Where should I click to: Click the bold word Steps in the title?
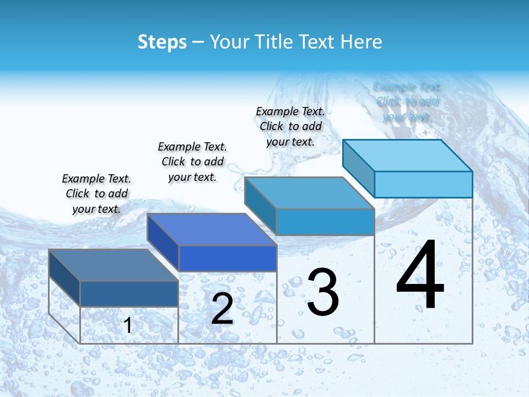pos(162,42)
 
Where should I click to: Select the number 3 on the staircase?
pos(323,292)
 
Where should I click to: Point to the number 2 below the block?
pos(222,309)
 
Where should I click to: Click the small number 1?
pos(128,325)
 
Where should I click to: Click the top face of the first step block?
pos(113,265)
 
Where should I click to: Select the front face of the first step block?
pos(129,293)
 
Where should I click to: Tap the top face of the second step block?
pos(212,229)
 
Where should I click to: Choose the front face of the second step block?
pos(228,258)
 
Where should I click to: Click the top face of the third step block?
pos(309,194)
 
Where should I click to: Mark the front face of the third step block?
pos(325,222)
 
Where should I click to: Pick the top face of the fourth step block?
pos(407,155)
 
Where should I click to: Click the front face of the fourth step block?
pos(423,184)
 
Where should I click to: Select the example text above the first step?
pos(96,194)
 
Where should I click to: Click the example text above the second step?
pos(192,162)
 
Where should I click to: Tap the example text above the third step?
pos(290,126)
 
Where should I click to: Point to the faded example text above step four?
pos(407,101)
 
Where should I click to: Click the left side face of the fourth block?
pos(358,168)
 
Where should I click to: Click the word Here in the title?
pos(361,42)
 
